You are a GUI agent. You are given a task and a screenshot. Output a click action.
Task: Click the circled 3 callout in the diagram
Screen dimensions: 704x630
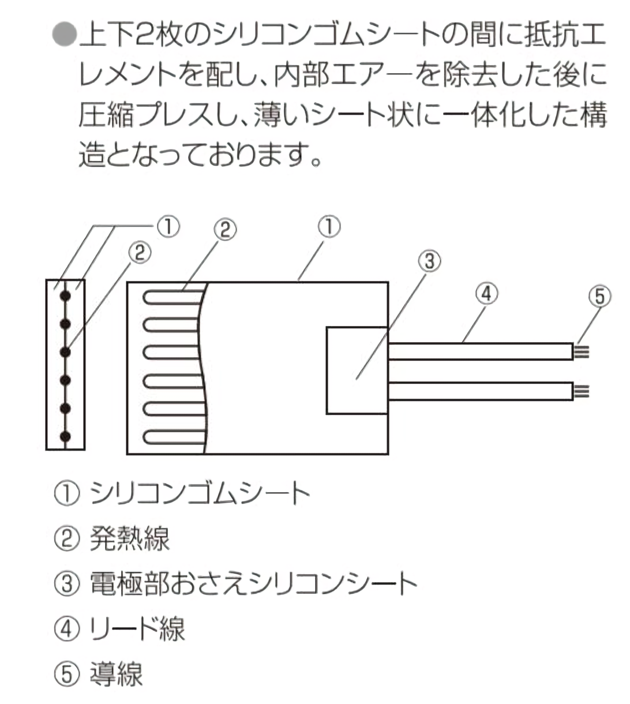tap(429, 261)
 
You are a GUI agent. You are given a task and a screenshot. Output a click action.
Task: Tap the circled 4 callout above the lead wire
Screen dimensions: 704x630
tap(486, 294)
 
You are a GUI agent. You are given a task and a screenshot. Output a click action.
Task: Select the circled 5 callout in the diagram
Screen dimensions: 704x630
tap(599, 297)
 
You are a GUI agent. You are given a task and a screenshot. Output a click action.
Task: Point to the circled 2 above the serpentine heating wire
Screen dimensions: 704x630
tap(225, 230)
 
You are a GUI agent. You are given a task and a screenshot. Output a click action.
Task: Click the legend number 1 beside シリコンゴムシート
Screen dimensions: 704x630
tap(66, 494)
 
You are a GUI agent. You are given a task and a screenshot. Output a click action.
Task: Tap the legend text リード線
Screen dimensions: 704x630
tap(137, 628)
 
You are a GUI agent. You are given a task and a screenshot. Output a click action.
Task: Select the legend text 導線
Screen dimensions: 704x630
tap(116, 673)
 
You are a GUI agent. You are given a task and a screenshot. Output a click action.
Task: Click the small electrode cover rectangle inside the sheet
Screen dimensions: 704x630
tap(357, 370)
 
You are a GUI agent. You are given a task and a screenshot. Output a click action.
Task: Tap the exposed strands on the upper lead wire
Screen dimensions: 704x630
tap(582, 351)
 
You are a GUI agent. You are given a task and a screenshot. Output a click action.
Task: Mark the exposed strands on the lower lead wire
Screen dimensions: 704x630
tap(582, 391)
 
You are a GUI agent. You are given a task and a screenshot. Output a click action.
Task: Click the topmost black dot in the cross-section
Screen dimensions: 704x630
tap(65, 295)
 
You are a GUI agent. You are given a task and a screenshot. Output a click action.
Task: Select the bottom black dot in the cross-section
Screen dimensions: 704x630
tap(65, 436)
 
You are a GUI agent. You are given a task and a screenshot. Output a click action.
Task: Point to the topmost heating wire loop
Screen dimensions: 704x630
tap(173, 297)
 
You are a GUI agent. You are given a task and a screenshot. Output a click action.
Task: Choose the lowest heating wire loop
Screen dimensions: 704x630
tap(173, 437)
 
